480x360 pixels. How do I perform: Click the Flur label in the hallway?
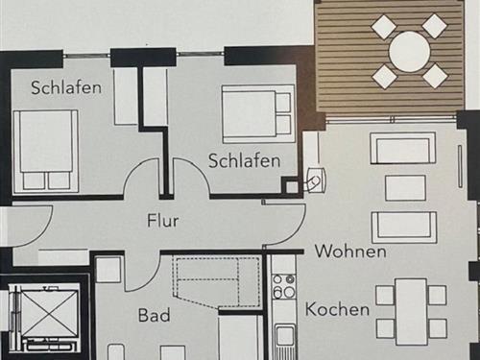pos(163,220)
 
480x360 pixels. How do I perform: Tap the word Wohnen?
pos(350,252)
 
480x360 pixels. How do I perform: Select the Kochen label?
pos(337,309)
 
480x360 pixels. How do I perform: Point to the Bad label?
pos(154,315)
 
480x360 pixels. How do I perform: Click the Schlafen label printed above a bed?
pos(66,87)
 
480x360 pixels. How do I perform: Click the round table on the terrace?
pos(410,51)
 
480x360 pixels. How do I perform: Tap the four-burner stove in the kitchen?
pos(283,286)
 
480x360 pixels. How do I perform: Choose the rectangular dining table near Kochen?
pos(411,310)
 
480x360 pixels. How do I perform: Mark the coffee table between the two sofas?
pos(405,187)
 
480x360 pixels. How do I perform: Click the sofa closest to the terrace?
pos(403,149)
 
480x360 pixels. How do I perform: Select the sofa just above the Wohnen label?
pos(404,226)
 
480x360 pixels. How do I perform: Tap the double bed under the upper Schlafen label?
pos(44,151)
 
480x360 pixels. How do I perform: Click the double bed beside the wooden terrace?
pos(256,113)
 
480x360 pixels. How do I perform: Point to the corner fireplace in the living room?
pos(315,179)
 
